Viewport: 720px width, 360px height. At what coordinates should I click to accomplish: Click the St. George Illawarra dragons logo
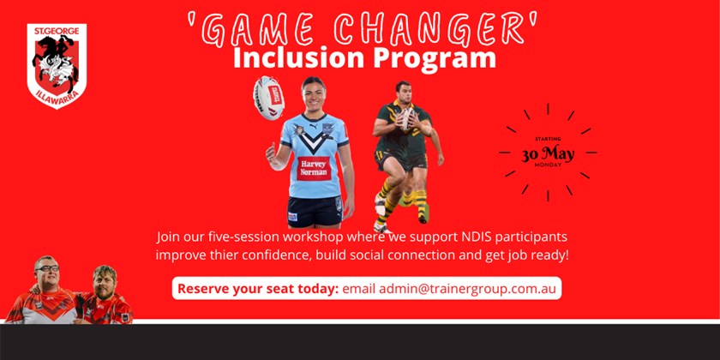point(57,66)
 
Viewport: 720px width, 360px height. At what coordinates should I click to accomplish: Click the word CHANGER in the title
point(434,30)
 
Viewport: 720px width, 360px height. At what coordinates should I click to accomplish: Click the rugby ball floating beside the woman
point(268,98)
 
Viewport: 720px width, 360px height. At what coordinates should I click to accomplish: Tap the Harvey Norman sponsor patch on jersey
point(314,168)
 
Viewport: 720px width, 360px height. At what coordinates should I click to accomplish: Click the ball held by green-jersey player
point(406,118)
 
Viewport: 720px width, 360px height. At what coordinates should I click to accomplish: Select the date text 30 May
point(548,154)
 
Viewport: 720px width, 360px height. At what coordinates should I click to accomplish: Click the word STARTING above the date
point(548,139)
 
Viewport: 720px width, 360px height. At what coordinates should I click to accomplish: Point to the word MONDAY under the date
point(548,165)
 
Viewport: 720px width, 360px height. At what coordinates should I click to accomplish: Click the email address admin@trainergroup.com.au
point(449,290)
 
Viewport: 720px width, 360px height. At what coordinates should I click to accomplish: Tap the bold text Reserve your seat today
point(258,290)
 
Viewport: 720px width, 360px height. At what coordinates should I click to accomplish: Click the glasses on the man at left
point(47,268)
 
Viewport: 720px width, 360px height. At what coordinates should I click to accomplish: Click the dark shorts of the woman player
point(315,211)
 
